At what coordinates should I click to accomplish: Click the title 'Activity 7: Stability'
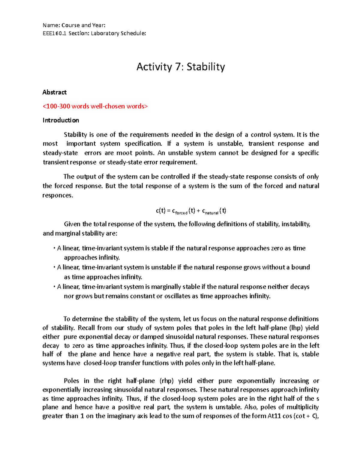pyautogui.click(x=180, y=67)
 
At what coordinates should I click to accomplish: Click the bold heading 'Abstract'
pyautogui.click(x=54, y=92)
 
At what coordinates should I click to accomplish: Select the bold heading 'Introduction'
pyautogui.click(x=61, y=120)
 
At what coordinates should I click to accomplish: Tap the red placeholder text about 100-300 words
pyautogui.click(x=95, y=106)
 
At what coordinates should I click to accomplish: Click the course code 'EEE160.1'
pyautogui.click(x=54, y=33)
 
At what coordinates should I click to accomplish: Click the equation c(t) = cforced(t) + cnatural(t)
pyautogui.click(x=191, y=211)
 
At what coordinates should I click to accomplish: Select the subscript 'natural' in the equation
pyautogui.click(x=211, y=213)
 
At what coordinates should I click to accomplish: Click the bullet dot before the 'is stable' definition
pyautogui.click(x=54, y=248)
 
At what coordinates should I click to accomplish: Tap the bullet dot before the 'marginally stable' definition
pyautogui.click(x=54, y=287)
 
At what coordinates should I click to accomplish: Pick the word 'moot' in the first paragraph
pyautogui.click(x=124, y=153)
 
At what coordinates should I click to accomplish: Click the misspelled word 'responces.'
pyautogui.click(x=58, y=195)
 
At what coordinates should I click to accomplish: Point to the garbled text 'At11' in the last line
pyautogui.click(x=274, y=416)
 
